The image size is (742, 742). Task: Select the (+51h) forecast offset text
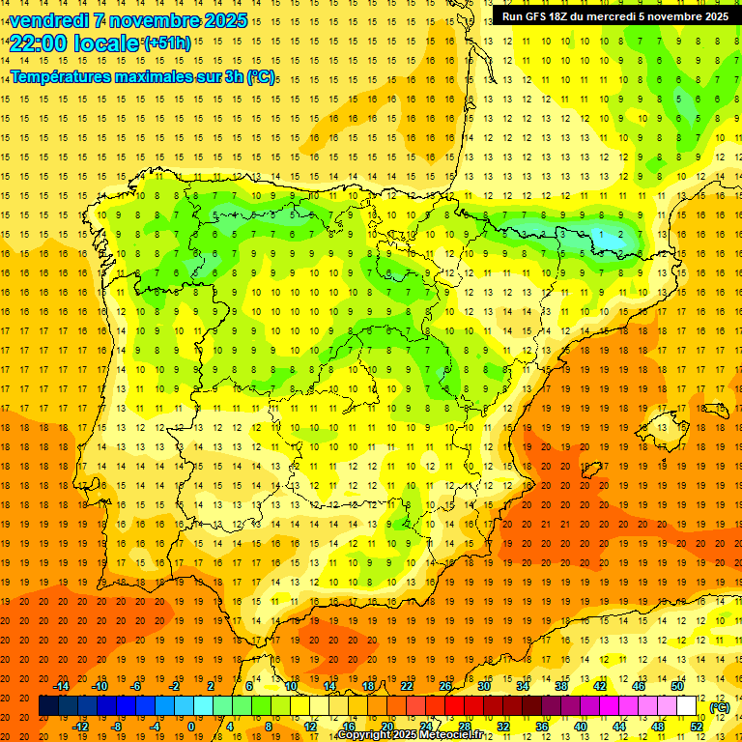[167, 43]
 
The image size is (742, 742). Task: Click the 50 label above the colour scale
[677, 686]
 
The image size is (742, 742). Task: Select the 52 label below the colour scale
[697, 727]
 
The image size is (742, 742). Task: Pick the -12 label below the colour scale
[80, 727]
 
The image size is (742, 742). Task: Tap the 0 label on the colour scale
[192, 727]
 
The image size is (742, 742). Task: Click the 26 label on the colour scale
[445, 686]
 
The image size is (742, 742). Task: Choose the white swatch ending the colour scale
[687, 706]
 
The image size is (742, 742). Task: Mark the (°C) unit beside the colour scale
[720, 707]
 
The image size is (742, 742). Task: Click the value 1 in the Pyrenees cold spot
[601, 235]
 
